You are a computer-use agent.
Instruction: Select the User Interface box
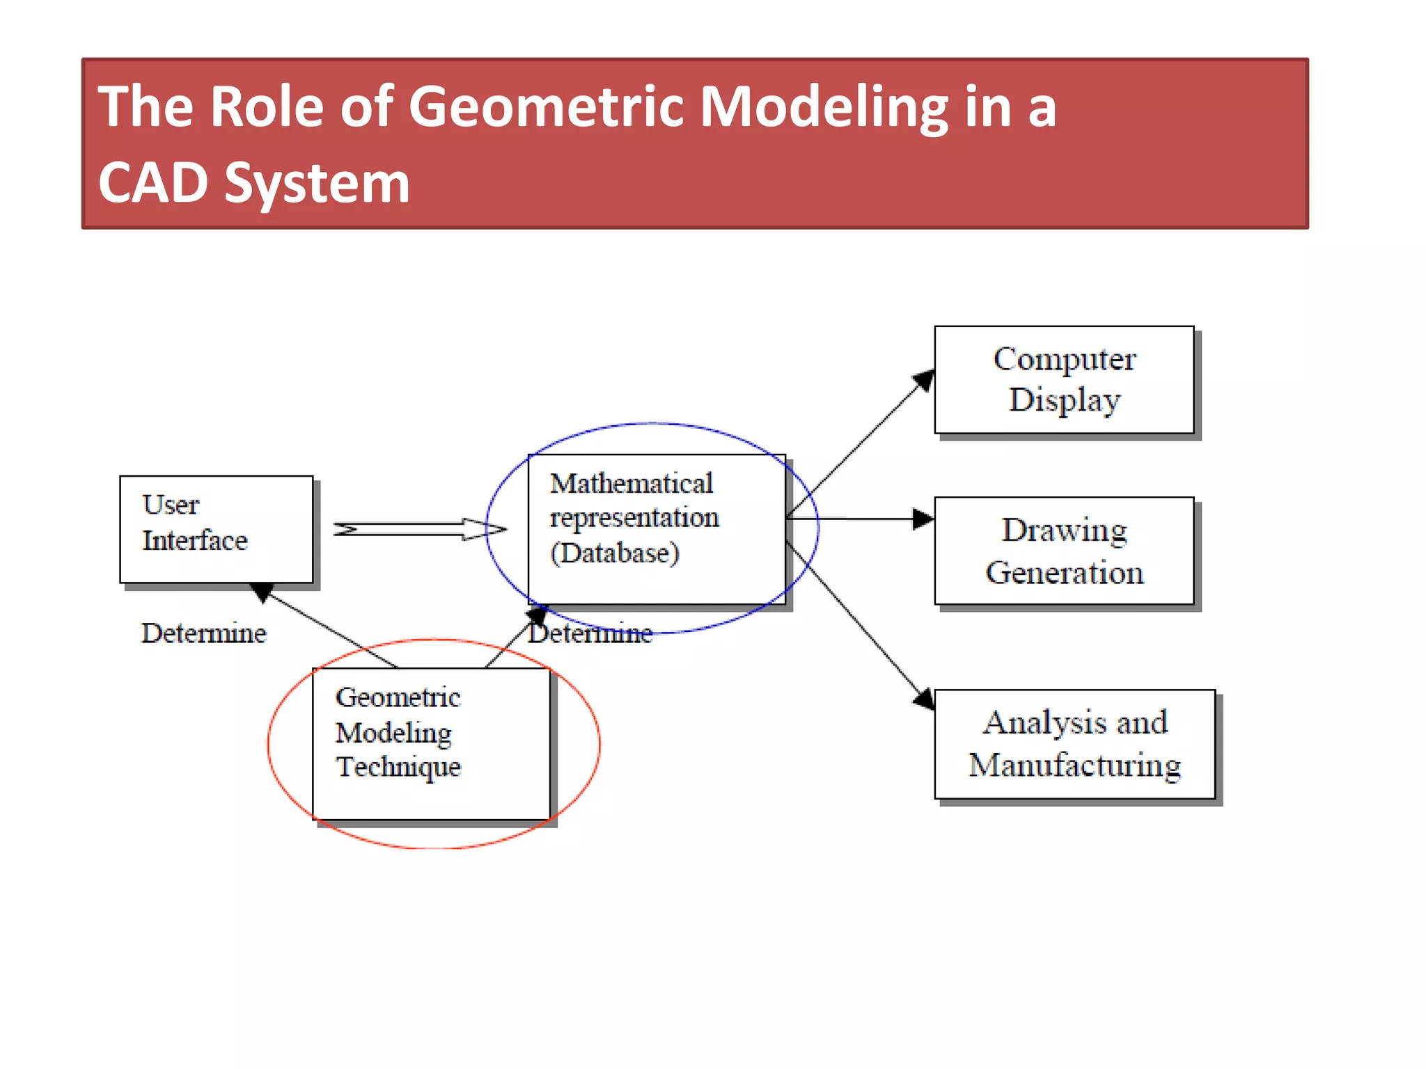coord(216,529)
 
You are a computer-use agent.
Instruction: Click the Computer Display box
coord(1064,380)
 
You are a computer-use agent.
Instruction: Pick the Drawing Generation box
coord(1064,551)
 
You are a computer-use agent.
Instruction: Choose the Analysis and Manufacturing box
coord(1074,744)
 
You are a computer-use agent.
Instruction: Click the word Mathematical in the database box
coord(631,483)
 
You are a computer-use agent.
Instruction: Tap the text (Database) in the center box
coord(614,553)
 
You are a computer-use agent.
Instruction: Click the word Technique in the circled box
coord(398,767)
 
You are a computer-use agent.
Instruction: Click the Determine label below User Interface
coord(203,633)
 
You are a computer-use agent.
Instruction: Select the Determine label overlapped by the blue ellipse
coord(590,633)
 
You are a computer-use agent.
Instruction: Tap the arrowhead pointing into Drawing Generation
coord(923,519)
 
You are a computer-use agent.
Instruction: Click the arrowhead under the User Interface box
coord(261,592)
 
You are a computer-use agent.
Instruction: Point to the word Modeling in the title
coord(824,108)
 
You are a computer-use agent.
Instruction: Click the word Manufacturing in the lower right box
coord(1074,766)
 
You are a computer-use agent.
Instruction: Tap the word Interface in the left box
coord(194,541)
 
